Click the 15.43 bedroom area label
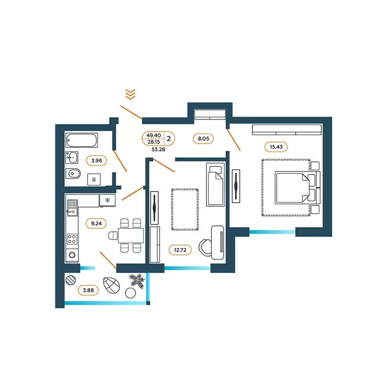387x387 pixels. (276, 147)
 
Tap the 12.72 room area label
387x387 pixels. (180, 250)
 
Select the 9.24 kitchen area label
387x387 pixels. (96, 223)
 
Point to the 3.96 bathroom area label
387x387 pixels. (97, 161)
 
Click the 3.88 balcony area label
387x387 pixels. (88, 290)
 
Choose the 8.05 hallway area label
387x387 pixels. (203, 139)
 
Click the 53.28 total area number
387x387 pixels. (158, 149)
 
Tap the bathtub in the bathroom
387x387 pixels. (82, 140)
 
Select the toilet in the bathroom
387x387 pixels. (73, 173)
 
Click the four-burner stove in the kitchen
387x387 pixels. (72, 239)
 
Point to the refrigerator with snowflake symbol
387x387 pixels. (107, 200)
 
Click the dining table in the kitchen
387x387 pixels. (131, 235)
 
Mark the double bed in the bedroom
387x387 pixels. (297, 188)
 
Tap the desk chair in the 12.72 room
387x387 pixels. (205, 247)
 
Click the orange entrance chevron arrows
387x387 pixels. (131, 94)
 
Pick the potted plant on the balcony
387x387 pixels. (137, 281)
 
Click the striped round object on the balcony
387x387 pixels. (71, 280)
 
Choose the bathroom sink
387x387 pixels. (72, 157)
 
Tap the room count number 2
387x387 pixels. (169, 139)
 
